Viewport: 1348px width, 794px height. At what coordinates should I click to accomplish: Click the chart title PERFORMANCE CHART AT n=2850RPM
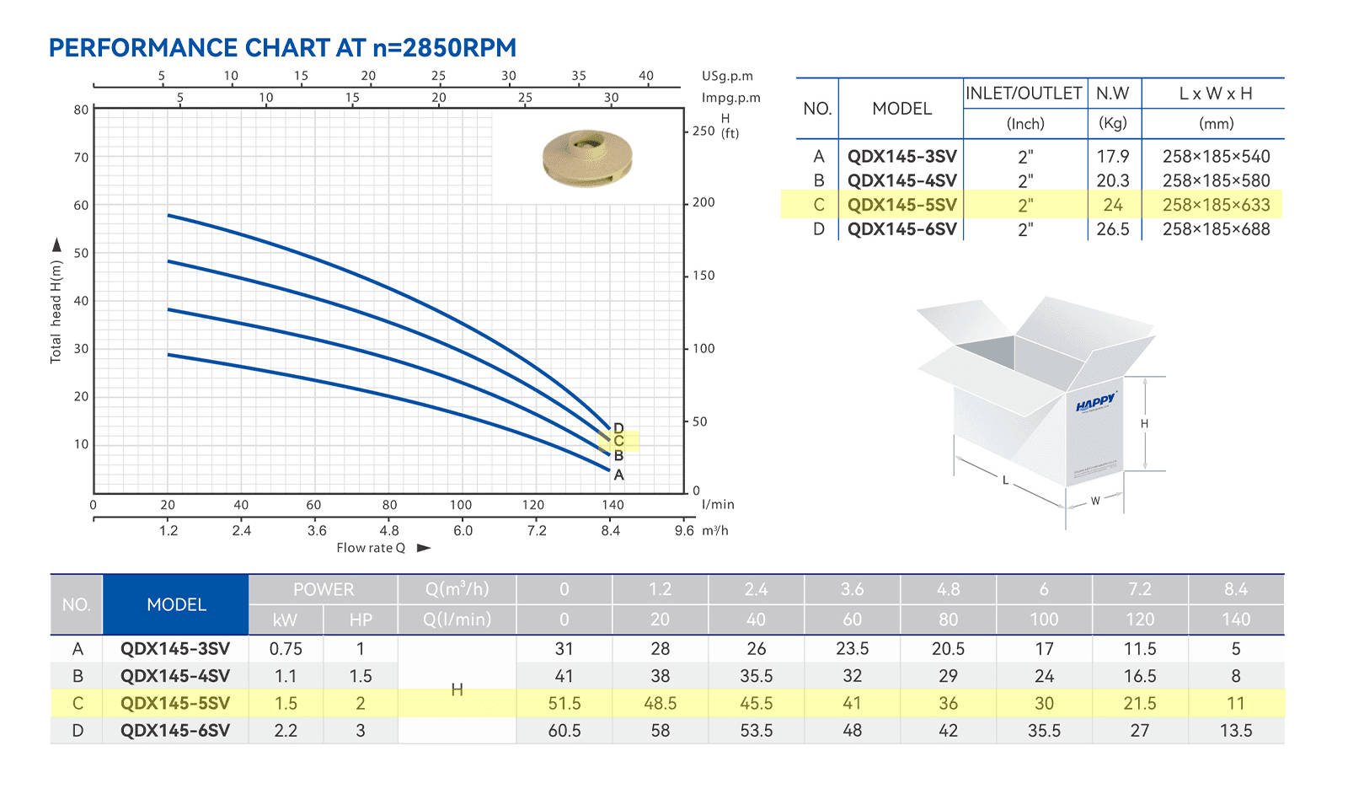(282, 47)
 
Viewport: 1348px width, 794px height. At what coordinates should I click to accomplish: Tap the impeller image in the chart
(587, 158)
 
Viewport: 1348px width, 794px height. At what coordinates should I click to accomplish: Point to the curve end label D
(618, 428)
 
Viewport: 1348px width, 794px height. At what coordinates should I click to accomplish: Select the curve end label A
(618, 475)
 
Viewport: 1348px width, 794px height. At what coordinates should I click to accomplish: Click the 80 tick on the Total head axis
(81, 110)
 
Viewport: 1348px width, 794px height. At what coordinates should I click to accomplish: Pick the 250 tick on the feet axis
(703, 131)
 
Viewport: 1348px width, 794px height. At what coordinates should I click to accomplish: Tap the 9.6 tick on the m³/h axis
(683, 531)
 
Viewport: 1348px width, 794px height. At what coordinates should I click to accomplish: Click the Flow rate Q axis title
(371, 548)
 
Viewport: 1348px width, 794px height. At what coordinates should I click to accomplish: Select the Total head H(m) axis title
(56, 312)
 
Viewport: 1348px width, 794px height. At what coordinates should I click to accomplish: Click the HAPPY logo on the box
(1096, 401)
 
